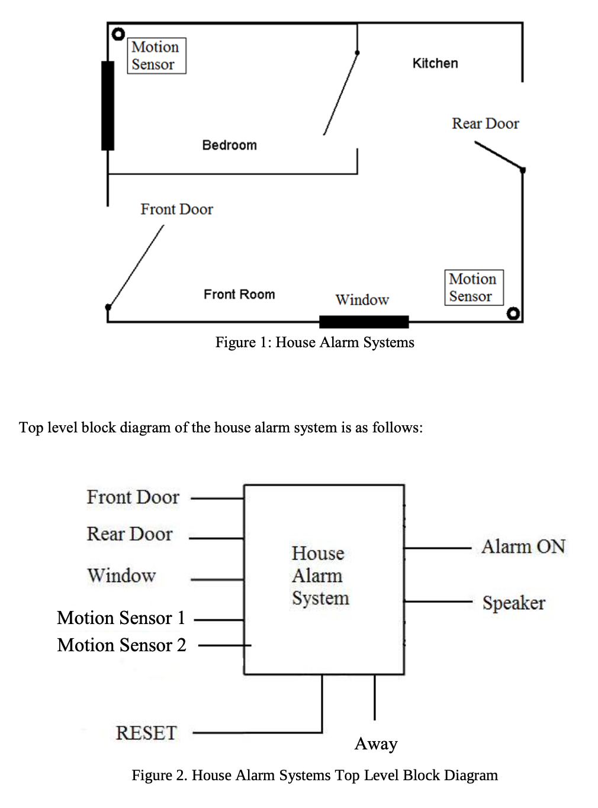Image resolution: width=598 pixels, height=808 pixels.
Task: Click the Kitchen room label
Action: (435, 63)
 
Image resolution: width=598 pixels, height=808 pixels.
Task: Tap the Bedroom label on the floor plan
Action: (229, 145)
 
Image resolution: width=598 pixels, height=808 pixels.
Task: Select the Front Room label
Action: (239, 294)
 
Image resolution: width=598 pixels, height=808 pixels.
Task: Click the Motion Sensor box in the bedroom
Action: (156, 56)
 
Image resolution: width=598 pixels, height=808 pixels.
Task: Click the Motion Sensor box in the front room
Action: (474, 287)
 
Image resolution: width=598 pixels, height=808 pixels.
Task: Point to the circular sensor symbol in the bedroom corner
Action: (118, 34)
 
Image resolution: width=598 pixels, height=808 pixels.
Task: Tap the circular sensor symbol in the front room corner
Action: (513, 313)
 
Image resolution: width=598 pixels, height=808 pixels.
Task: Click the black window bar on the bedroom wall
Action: (108, 106)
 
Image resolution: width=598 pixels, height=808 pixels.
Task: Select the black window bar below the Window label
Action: (364, 322)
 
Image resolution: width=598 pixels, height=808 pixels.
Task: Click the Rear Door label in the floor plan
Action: (486, 124)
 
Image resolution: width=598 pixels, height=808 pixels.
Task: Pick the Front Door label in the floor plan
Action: (177, 209)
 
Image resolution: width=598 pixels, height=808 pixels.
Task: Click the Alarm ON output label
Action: (523, 547)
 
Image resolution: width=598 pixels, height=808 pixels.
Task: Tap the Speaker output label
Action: (514, 603)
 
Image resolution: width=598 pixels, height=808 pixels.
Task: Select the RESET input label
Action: (146, 733)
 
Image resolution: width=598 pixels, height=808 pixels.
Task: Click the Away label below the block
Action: (376, 744)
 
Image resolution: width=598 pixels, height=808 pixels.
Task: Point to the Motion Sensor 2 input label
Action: (122, 645)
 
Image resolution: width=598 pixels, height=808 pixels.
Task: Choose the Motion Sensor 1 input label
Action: (121, 618)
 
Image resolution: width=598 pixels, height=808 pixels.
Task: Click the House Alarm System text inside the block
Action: (320, 576)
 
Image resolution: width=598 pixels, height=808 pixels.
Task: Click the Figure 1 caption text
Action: (314, 342)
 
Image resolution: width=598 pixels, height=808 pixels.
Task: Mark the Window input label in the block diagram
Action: (121, 575)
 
